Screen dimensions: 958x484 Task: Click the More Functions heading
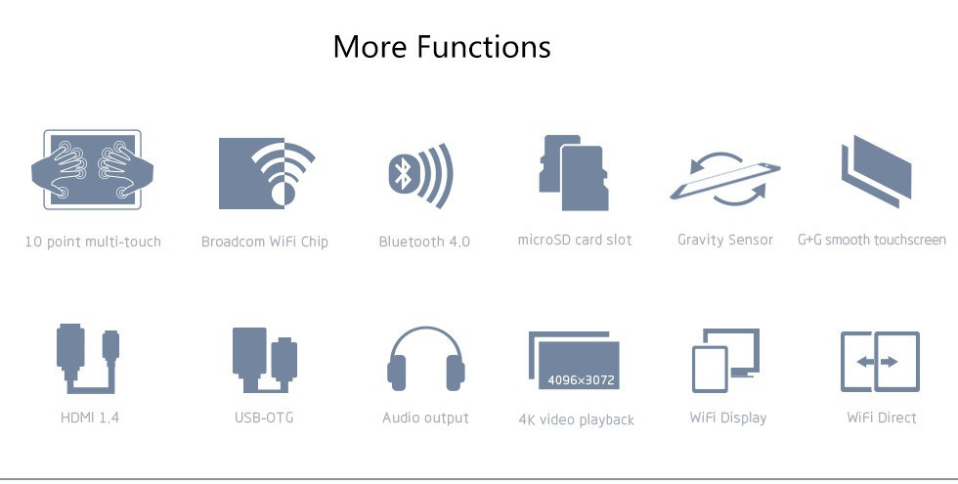tap(442, 47)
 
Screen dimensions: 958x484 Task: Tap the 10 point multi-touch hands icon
tap(92, 170)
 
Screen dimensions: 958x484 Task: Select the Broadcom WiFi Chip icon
tap(267, 173)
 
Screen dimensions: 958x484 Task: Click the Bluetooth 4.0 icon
tap(421, 175)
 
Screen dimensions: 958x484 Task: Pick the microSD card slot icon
tap(574, 173)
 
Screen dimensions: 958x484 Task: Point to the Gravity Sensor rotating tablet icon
tap(725, 178)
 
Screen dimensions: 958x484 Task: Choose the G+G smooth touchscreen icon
tap(876, 171)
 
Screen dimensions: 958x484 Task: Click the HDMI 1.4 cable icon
tap(88, 359)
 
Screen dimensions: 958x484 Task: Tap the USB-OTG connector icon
tap(265, 360)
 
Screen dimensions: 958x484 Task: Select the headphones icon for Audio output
tap(426, 360)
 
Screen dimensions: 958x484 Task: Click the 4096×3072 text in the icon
tap(581, 380)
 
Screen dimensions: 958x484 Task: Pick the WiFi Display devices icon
tap(725, 360)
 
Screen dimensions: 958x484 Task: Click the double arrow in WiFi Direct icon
tap(877, 362)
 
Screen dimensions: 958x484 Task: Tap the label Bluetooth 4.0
tap(424, 242)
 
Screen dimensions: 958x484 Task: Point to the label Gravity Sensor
tap(725, 241)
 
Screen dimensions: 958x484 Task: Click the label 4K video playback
tap(576, 419)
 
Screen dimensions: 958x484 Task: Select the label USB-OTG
tap(264, 418)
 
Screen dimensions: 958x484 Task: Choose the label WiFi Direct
tap(882, 418)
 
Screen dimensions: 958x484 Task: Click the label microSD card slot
tap(575, 240)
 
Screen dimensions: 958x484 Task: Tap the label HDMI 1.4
tap(90, 418)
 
